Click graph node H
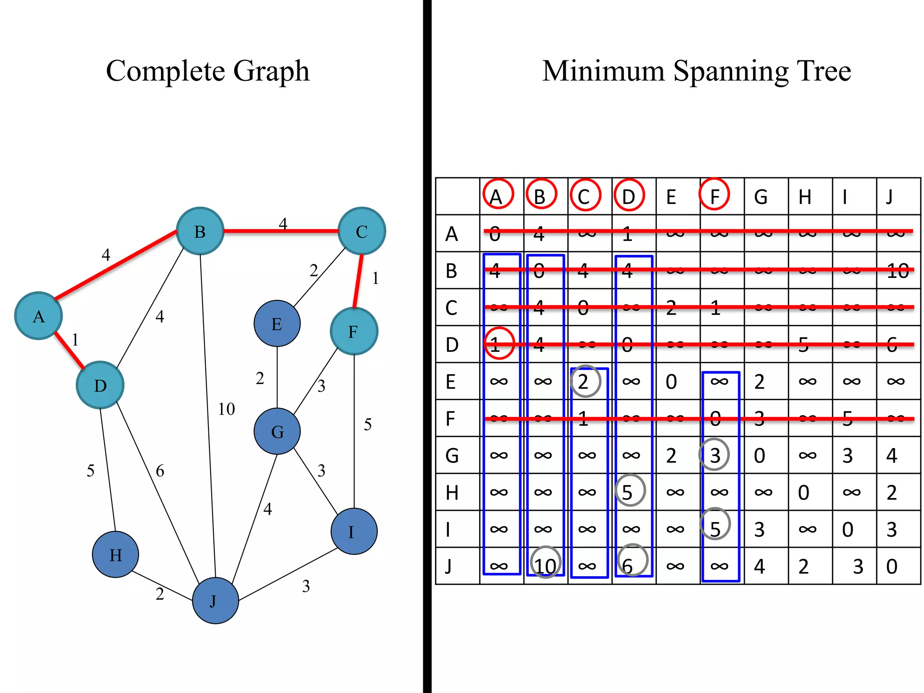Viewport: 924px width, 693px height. point(115,554)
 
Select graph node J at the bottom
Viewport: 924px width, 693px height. point(215,601)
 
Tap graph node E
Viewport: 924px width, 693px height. point(277,323)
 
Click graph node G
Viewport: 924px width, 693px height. point(277,431)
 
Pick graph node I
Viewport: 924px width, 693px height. point(354,531)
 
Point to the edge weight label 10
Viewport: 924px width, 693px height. point(226,409)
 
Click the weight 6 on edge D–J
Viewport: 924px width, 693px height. point(160,471)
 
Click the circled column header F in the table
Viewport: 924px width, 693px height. point(714,195)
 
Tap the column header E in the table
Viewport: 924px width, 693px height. point(671,197)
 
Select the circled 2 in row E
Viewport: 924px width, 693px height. point(585,382)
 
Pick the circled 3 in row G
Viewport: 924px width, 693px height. point(715,455)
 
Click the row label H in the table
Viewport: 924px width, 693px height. point(452,492)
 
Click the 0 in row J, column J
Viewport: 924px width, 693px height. point(892,566)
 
